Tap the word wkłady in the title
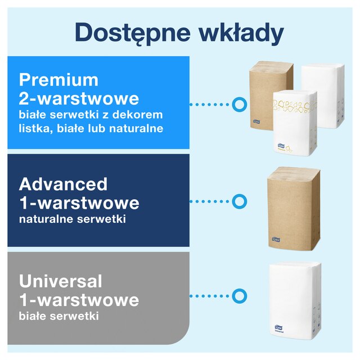point(244,33)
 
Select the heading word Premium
point(58,79)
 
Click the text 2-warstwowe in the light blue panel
point(79,98)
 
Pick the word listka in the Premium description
point(37,129)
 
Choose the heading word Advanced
point(63,183)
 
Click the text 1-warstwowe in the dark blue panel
point(79,202)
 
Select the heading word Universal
point(61,281)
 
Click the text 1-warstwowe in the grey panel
point(79,300)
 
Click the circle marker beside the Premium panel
point(239,104)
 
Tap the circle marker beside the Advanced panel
point(239,201)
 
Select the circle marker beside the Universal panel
point(239,296)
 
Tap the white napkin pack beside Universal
point(294,297)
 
